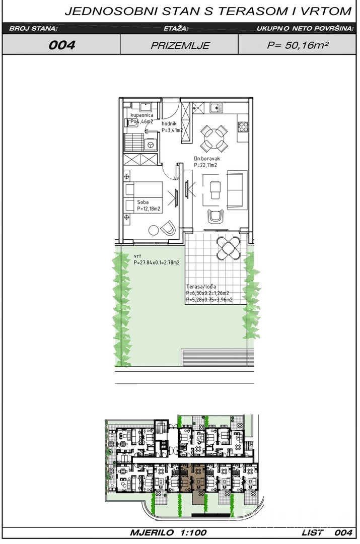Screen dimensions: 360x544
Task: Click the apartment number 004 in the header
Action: point(62,45)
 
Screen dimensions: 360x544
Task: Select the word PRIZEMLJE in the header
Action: point(180,45)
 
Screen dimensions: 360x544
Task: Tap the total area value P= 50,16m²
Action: point(298,45)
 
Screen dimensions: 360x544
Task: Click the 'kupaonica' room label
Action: point(141,115)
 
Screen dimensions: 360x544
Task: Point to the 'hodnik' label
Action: point(169,123)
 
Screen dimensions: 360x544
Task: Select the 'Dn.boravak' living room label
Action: point(207,159)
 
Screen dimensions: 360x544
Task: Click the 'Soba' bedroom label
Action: point(143,202)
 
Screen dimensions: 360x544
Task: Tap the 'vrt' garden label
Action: point(137,256)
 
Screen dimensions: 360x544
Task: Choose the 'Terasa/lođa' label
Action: point(201,287)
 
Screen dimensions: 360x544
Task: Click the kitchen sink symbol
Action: point(215,108)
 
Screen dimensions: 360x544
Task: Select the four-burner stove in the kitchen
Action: point(243,126)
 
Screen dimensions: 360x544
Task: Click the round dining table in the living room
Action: point(215,139)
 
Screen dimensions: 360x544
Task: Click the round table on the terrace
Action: point(228,247)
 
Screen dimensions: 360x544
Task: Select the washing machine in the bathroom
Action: point(151,145)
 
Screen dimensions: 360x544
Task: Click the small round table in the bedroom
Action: point(154,230)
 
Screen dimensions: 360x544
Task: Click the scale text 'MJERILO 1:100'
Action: point(169,532)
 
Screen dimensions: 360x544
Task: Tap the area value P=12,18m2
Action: point(149,209)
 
